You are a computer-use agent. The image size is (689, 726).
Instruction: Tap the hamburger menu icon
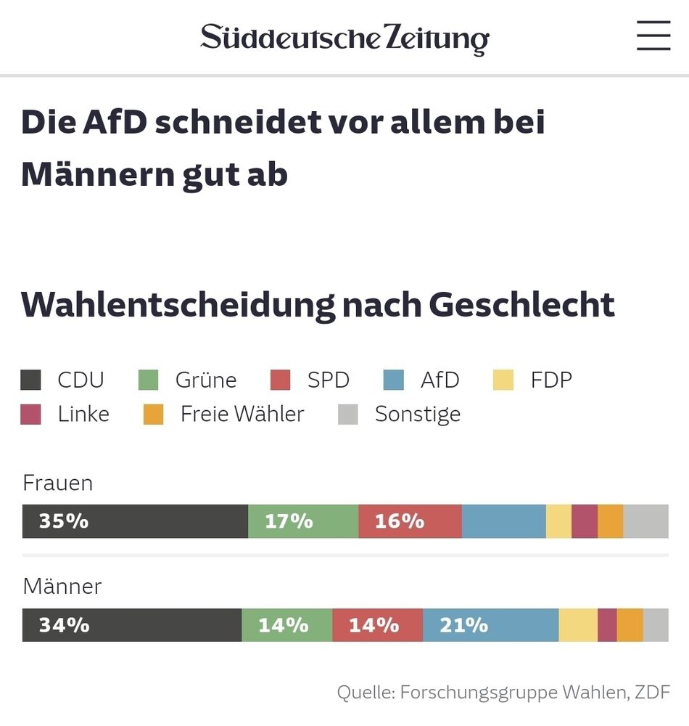[x=653, y=36]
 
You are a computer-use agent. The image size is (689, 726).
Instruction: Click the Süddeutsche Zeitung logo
[x=344, y=38]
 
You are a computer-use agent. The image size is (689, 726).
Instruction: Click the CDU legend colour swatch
[x=30, y=380]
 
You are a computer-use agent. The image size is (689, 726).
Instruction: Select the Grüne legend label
[x=206, y=380]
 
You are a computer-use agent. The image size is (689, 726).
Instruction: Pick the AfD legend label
[x=440, y=380]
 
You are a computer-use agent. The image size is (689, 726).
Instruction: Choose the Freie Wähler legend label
[x=242, y=414]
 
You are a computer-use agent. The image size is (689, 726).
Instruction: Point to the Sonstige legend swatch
[x=348, y=415]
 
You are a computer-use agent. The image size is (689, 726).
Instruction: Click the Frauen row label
[x=58, y=483]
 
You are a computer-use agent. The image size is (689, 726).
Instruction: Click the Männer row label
[x=62, y=586]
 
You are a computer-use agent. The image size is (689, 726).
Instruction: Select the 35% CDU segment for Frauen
[x=135, y=521]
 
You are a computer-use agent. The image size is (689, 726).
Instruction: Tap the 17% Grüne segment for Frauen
[x=303, y=521]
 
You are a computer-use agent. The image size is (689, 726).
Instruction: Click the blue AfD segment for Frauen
[x=503, y=521]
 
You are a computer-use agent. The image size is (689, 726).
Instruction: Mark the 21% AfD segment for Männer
[x=490, y=625]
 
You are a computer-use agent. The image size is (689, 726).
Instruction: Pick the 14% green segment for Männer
[x=286, y=625]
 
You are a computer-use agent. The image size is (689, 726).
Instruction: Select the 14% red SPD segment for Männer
[x=377, y=625]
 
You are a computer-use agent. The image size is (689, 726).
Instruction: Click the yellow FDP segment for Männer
[x=578, y=625]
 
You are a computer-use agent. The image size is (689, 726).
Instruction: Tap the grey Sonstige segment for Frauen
[x=645, y=521]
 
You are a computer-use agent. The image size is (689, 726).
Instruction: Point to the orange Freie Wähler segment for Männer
[x=630, y=625]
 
